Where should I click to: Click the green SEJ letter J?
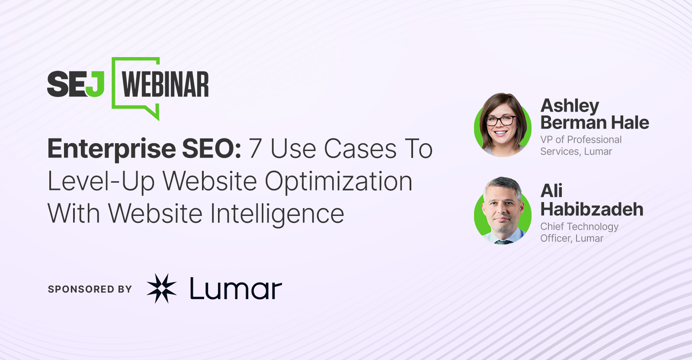click(x=95, y=84)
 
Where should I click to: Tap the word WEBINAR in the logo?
click(x=165, y=84)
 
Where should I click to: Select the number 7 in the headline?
click(x=256, y=149)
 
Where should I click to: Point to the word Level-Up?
click(x=101, y=182)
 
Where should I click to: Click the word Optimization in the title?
click(x=339, y=182)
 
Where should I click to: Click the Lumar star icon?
click(x=162, y=288)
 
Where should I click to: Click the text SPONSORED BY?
click(x=90, y=289)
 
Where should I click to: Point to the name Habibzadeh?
click(x=592, y=209)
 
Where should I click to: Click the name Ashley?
click(x=570, y=106)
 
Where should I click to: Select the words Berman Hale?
click(x=595, y=123)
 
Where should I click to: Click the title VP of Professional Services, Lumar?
click(x=581, y=145)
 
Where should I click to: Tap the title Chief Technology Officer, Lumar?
click(x=579, y=232)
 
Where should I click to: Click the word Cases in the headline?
click(x=360, y=149)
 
